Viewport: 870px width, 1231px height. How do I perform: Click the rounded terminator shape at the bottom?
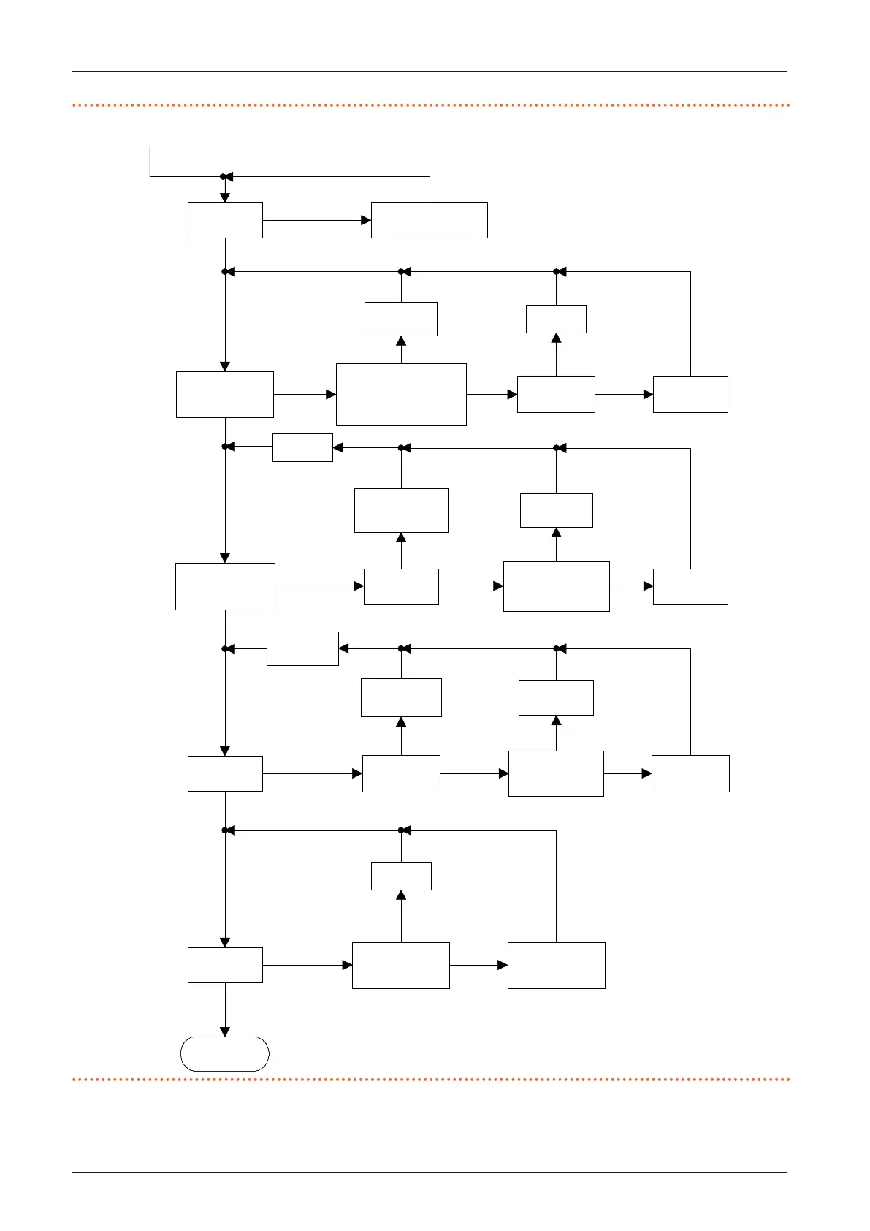tap(225, 1053)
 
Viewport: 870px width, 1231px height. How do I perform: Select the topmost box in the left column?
tap(225, 220)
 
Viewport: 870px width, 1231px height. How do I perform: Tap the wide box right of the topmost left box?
tap(429, 220)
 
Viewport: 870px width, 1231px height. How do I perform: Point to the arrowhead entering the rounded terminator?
tap(225, 1031)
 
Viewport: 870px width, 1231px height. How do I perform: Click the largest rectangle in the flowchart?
tap(401, 394)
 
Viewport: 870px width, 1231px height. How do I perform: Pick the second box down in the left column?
tap(225, 395)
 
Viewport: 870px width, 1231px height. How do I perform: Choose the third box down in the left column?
tap(225, 586)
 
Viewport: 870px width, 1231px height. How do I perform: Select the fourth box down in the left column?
tap(225, 773)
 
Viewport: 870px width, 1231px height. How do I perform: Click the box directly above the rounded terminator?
tap(225, 965)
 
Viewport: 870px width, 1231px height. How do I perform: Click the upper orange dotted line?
tap(431, 105)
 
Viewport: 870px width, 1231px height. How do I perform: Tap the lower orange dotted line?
tap(431, 1079)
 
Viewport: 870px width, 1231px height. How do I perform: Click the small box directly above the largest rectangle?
tap(401, 319)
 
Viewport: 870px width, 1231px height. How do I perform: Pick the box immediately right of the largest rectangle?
tap(556, 395)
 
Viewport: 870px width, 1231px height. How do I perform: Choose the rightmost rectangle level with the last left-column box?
tap(556, 965)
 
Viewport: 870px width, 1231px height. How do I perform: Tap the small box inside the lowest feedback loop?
tap(401, 876)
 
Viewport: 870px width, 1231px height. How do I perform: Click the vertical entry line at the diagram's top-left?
tap(150, 161)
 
